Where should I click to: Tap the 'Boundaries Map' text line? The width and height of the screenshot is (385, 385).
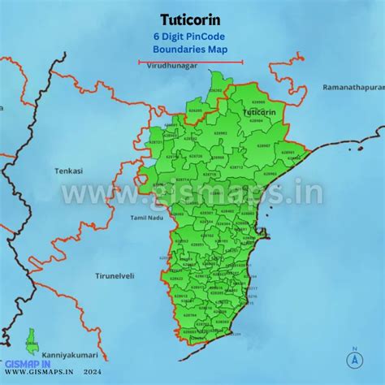190,50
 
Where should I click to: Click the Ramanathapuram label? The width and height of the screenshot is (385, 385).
352,86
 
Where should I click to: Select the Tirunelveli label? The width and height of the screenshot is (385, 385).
113,276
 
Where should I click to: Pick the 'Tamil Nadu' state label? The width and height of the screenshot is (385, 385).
147,218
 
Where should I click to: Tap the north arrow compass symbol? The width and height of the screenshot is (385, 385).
354,358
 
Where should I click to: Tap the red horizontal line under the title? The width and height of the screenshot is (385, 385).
190,62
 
